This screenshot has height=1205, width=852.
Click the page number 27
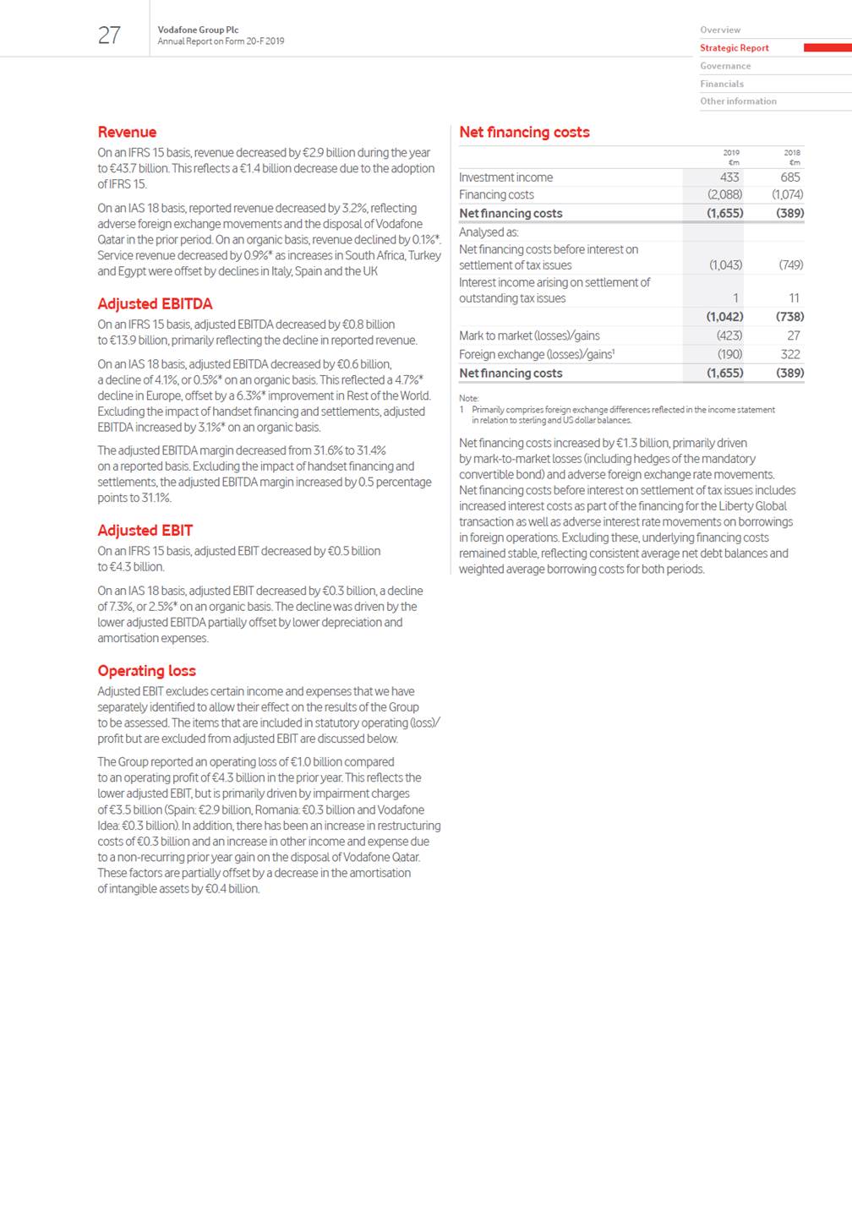(x=109, y=35)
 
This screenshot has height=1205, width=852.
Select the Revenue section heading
(x=127, y=132)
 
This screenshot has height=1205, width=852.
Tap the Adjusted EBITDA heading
(x=155, y=303)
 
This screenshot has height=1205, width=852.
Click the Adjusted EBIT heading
(x=145, y=530)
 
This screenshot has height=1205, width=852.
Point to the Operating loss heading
(x=146, y=670)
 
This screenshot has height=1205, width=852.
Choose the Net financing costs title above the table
(x=524, y=132)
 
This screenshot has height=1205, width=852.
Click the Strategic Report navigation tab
(x=734, y=48)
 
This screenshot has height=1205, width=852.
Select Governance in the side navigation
(x=724, y=66)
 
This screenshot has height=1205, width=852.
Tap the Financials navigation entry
(x=721, y=84)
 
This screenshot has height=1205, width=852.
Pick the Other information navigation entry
(x=738, y=101)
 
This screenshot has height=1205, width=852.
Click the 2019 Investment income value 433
(x=729, y=177)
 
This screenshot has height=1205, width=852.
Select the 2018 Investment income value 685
(x=789, y=177)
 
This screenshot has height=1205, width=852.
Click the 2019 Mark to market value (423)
(x=729, y=335)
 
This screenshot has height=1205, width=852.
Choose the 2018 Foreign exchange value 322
(x=789, y=354)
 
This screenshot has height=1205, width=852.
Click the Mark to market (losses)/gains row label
(x=529, y=335)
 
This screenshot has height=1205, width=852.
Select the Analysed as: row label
(x=489, y=232)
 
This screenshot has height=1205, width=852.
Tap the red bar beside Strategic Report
(x=827, y=48)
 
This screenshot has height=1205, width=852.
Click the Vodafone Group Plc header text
(x=198, y=30)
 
